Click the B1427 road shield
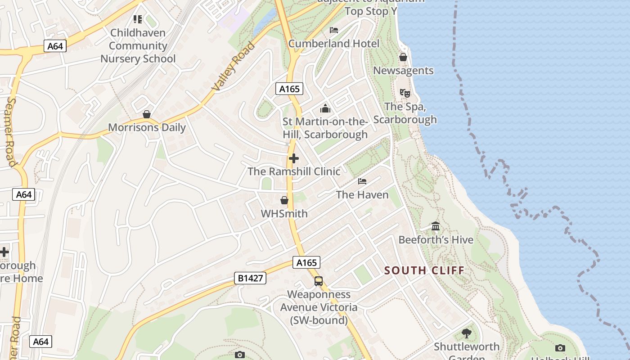[x=250, y=279]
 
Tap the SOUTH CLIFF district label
[x=424, y=270]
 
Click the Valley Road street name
[x=233, y=66]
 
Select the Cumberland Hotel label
[x=333, y=44]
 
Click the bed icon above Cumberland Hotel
[x=334, y=30]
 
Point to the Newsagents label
[x=403, y=71]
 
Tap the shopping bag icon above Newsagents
[x=403, y=57]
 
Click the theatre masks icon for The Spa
[x=405, y=93]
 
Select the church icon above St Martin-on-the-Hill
[x=325, y=108]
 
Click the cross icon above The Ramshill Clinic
[x=293, y=158]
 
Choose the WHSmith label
[x=284, y=214]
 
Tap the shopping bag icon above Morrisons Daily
[x=147, y=114]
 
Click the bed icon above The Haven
[x=362, y=181]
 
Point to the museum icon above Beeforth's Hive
[x=435, y=226]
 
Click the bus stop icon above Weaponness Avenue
[x=319, y=281]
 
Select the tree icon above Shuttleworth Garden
[x=467, y=333]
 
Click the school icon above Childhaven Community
[x=138, y=19]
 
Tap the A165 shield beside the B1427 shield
[x=306, y=262]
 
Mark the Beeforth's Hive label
[x=436, y=240]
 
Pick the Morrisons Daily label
[x=147, y=128]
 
